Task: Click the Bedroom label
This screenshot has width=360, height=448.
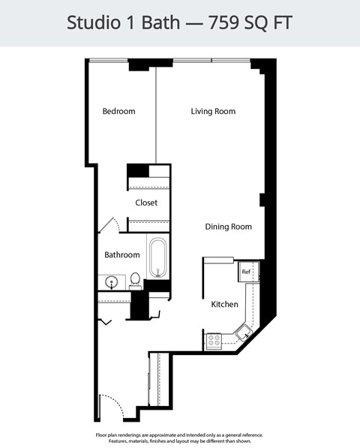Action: pos(118,112)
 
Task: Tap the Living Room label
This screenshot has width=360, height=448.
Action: pos(213,112)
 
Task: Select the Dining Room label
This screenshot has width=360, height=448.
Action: pos(229,227)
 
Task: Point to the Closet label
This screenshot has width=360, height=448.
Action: pos(146,203)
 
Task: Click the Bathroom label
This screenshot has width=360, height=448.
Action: pos(121,255)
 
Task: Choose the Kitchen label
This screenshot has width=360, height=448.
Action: pos(224,305)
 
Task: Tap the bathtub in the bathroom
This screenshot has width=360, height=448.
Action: pos(157,258)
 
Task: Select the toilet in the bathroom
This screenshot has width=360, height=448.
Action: pos(135,280)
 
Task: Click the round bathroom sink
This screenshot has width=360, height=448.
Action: pos(111,283)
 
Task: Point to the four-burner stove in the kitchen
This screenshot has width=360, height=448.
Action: pos(214,341)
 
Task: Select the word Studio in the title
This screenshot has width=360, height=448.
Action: pos(91,23)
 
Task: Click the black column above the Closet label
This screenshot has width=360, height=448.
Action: pos(137,170)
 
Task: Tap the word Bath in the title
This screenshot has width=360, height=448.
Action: pos(164,23)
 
